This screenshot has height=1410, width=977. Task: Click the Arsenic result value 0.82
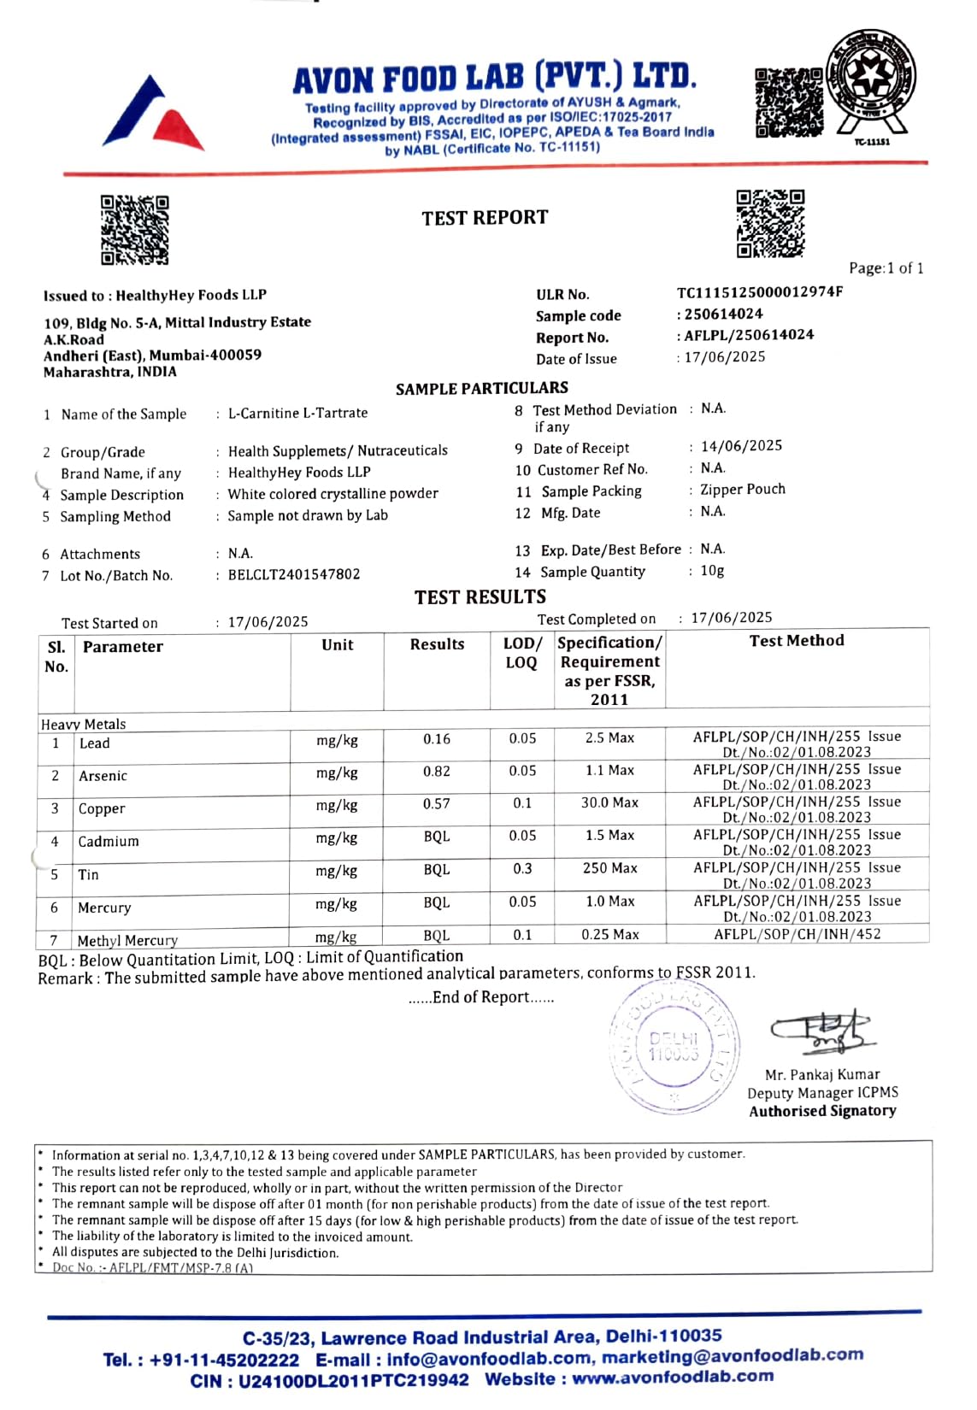[x=437, y=772]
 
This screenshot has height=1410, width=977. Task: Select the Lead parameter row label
[x=95, y=743]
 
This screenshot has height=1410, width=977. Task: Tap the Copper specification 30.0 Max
[x=609, y=803]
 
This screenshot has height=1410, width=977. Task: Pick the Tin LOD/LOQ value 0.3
[x=522, y=869]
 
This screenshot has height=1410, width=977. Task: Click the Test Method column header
[x=797, y=641]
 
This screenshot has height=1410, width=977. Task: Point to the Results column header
[x=437, y=644]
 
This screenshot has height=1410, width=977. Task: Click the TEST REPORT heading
[x=485, y=218]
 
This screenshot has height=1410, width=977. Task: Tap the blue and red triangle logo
[x=154, y=114]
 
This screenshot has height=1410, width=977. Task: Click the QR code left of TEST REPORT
[x=134, y=230]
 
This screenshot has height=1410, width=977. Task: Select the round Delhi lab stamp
[x=674, y=1048]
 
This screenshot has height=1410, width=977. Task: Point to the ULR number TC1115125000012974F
[x=760, y=292]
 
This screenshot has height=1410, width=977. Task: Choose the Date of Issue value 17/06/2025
[x=725, y=357]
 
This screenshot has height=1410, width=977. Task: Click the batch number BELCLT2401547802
[x=294, y=575]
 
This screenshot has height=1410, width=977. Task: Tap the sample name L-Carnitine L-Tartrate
[x=297, y=413]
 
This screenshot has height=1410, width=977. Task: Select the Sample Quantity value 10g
[x=712, y=571]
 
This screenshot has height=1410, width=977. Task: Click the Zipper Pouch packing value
[x=742, y=490]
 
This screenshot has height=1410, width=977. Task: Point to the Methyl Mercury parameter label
[x=127, y=941]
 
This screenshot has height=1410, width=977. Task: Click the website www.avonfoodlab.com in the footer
[x=673, y=1378]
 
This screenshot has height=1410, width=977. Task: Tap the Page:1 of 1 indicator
[x=886, y=268]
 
